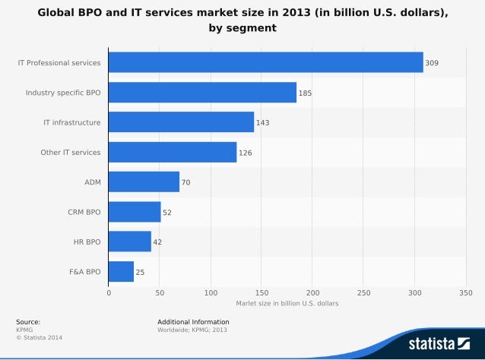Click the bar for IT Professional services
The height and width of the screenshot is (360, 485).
265,62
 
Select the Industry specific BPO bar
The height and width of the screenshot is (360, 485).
202,93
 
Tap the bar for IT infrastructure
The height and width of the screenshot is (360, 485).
181,122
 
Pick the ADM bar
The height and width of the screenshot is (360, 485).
144,182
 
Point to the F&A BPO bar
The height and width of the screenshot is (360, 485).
121,271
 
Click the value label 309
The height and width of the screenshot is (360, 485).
433,63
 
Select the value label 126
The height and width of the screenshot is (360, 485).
246,153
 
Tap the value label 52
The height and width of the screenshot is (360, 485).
167,213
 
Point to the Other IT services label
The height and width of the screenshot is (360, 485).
70,153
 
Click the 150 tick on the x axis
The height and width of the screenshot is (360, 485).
262,292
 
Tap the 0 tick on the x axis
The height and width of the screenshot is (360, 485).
109,292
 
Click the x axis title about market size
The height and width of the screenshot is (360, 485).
287,303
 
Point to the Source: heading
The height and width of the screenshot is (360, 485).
28,322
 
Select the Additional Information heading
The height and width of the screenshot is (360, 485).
193,322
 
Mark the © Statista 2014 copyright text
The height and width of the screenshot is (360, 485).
37,336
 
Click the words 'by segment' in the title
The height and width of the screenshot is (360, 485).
242,28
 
